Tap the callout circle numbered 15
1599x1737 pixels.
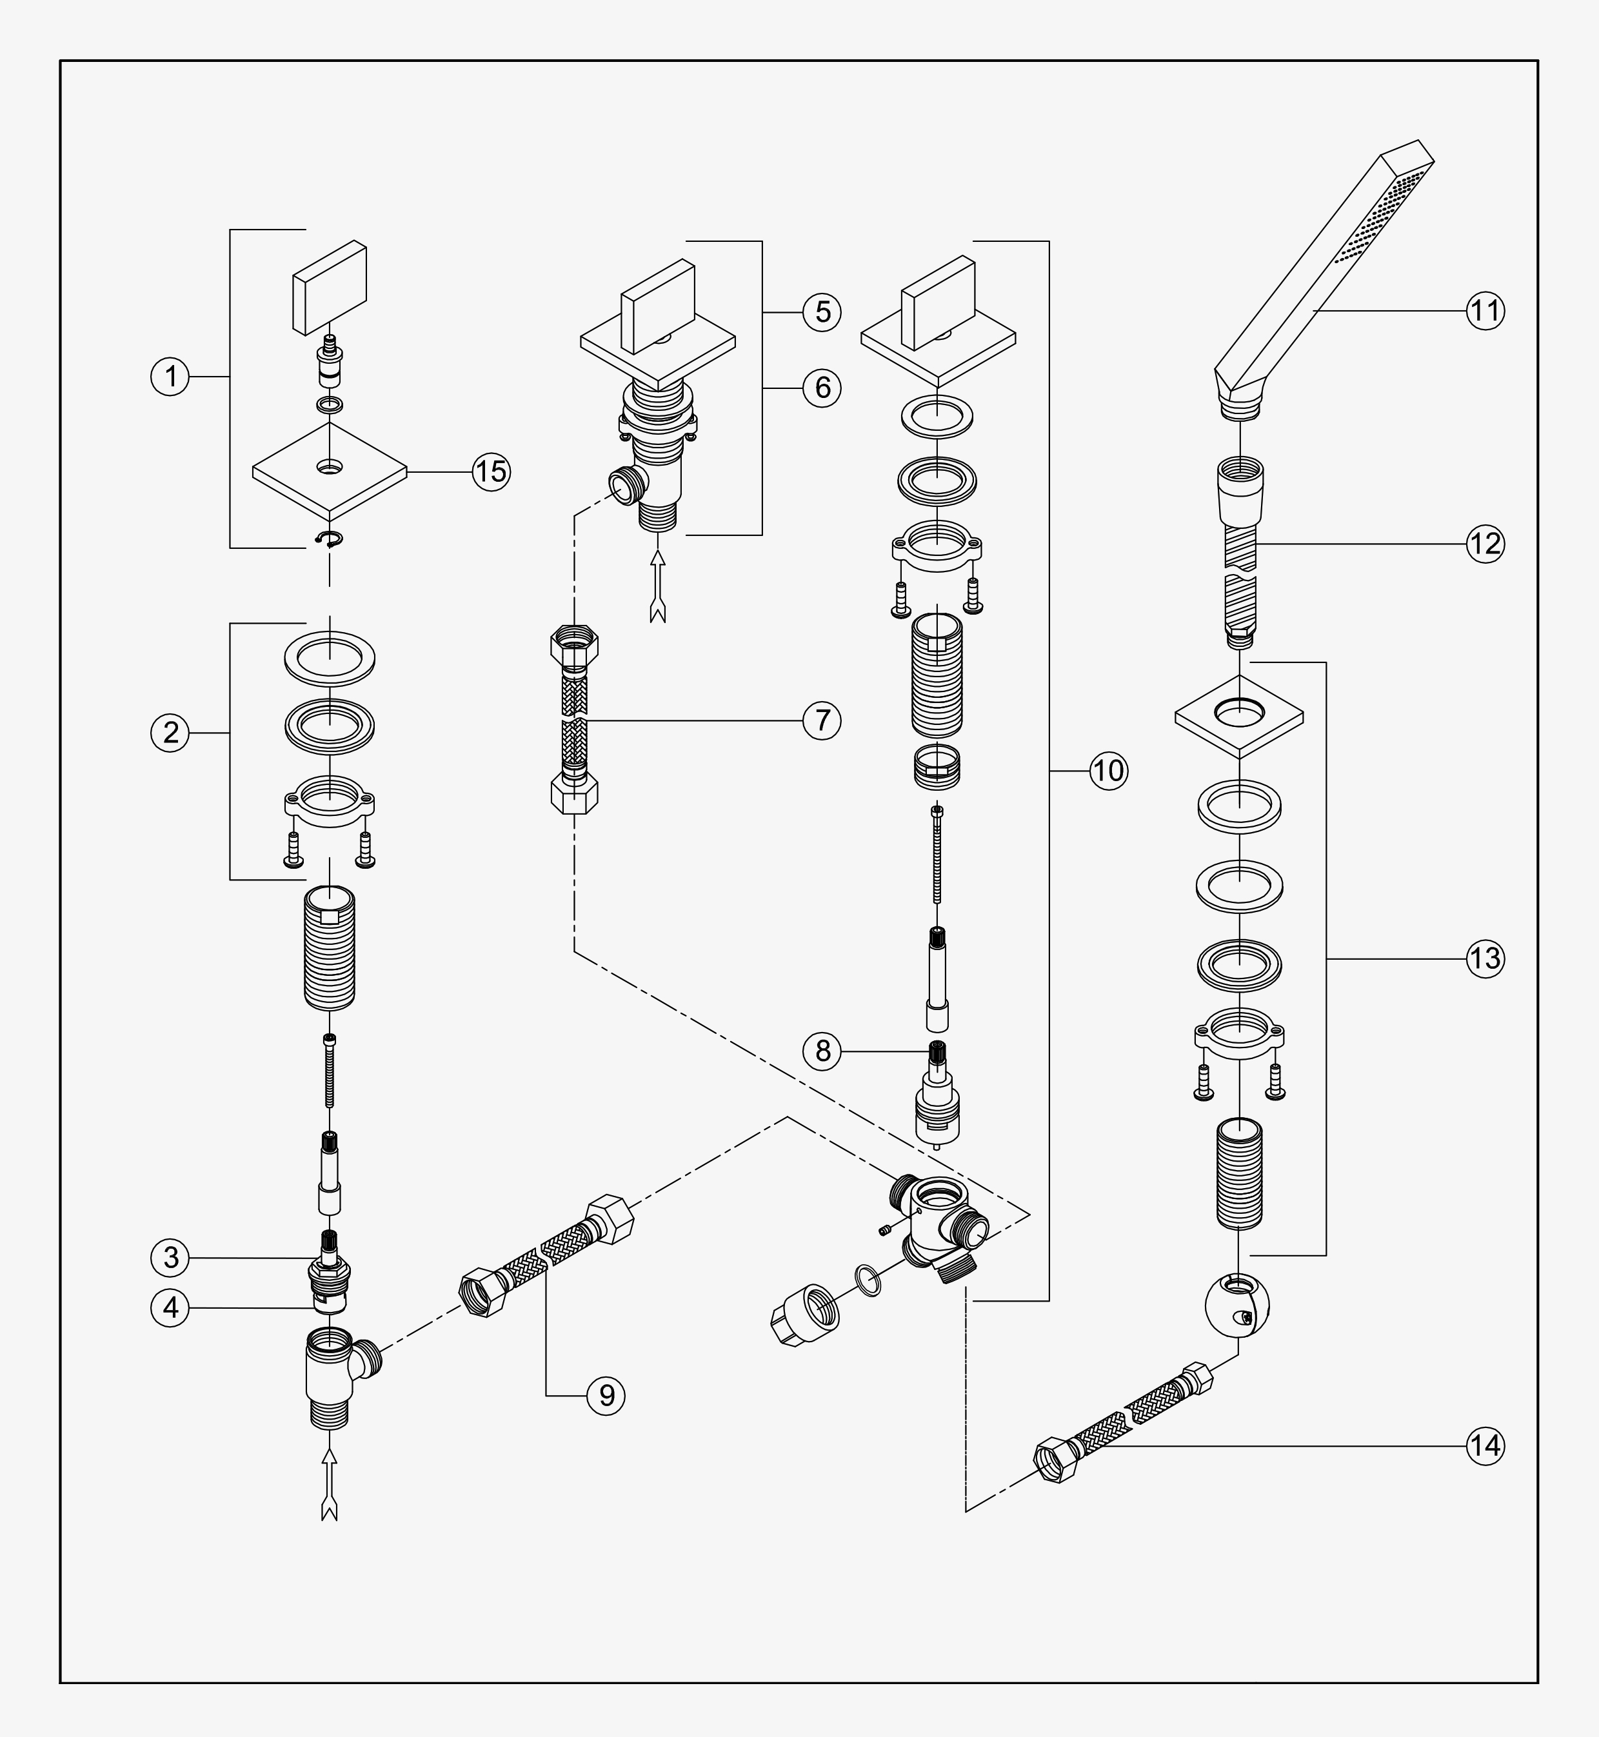click(491, 471)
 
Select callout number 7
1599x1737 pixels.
click(822, 720)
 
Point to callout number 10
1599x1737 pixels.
click(1108, 770)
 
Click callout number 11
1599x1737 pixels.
click(1485, 310)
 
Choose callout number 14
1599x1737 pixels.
click(1485, 1445)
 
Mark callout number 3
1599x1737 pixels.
click(170, 1257)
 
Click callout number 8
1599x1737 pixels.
click(822, 1050)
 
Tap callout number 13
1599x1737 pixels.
click(1485, 958)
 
